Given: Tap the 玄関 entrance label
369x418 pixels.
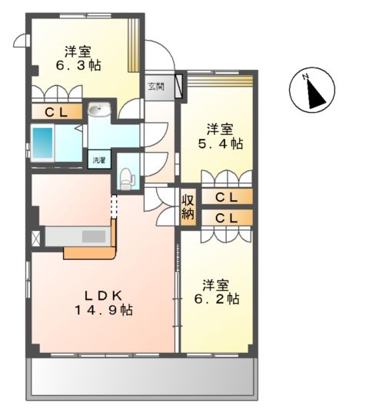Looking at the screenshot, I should pos(156,86).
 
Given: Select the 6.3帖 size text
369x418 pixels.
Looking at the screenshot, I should pos(78,67).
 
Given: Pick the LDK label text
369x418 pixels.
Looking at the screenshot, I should pos(102,295).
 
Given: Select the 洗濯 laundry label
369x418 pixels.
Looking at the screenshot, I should pos(99,161).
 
